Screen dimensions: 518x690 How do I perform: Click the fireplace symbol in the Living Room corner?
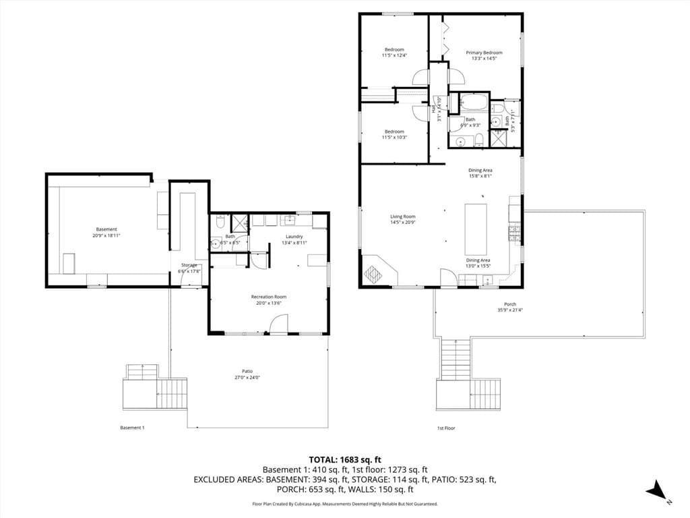[373, 274]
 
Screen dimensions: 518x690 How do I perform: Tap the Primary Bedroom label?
[484, 53]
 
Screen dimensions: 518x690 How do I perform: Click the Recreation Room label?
[269, 297]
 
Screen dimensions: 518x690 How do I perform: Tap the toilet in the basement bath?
[220, 223]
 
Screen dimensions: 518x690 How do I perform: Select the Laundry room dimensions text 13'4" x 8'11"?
[294, 243]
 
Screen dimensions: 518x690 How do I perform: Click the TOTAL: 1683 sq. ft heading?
[344, 459]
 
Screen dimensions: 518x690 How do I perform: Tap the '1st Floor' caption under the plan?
[446, 428]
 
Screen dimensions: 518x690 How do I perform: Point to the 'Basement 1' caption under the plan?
[132, 428]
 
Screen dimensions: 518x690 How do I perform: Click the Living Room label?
[402, 217]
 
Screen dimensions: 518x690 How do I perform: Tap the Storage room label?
[189, 265]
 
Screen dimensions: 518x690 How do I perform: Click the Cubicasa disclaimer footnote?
[344, 504]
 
